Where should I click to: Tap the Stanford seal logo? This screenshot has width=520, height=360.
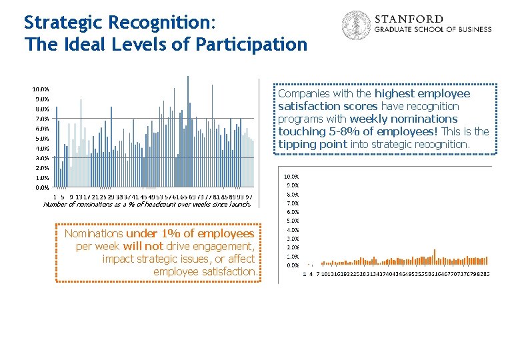coord(355,25)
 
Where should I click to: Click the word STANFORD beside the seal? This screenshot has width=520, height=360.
coord(410,19)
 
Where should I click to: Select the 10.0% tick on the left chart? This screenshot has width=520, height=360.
coord(41,89)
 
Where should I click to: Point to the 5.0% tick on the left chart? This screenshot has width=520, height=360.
coord(41,138)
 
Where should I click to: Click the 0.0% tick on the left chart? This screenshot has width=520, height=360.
coord(41,188)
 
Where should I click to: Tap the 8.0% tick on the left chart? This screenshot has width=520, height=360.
coord(41,109)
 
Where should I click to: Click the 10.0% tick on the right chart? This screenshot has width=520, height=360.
coord(291,176)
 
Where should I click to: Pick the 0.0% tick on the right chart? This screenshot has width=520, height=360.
coord(293,265)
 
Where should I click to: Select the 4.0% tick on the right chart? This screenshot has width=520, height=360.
coord(293,229)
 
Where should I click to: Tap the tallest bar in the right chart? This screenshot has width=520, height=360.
coord(435,257)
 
